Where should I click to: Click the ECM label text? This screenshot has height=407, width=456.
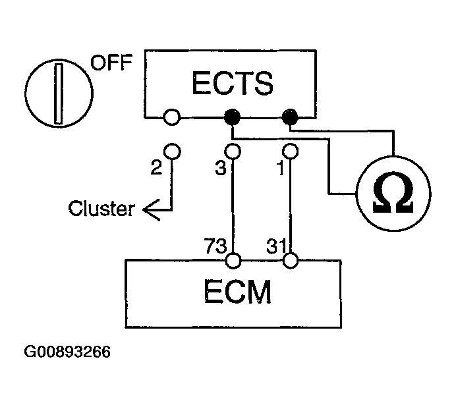(233, 294)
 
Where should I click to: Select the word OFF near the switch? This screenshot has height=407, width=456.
(111, 64)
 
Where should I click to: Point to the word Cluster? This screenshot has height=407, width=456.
(101, 209)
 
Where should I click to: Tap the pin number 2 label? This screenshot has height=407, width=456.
(156, 168)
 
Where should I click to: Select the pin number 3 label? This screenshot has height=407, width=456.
(220, 168)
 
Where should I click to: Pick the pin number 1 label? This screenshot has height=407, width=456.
(281, 168)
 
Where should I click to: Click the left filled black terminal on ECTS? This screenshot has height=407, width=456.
(232, 118)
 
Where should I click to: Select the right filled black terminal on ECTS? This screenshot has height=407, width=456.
(290, 118)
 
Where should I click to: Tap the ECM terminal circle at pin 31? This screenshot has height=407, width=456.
(290, 261)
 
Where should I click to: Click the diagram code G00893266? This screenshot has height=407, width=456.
(67, 352)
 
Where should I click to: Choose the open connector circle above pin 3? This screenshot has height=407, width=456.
(232, 151)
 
